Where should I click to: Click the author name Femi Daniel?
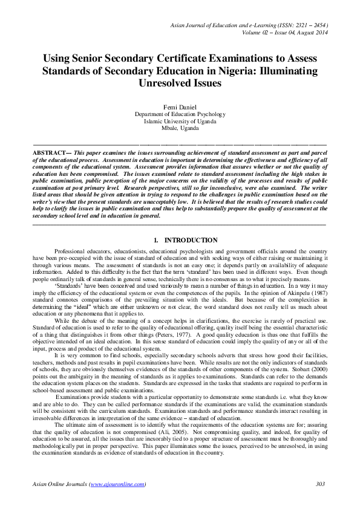pos(180,107)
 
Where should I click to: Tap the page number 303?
pos(321,484)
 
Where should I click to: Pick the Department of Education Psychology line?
pos(180,114)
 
